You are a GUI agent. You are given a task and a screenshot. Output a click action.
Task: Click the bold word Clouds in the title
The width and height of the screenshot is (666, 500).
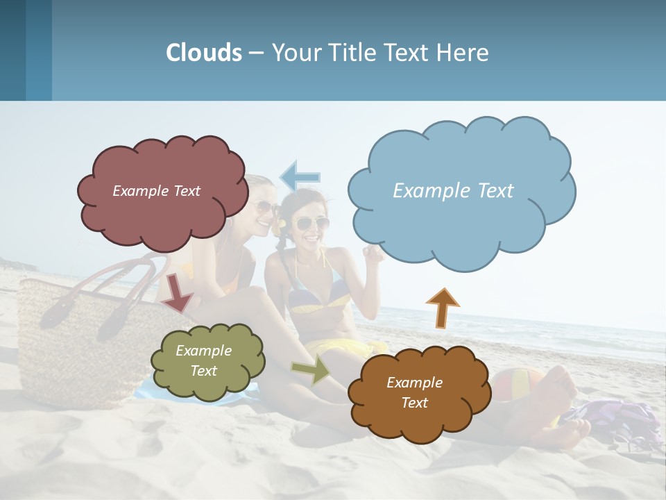tap(204, 53)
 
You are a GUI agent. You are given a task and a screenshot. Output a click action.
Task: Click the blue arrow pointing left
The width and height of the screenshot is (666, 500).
tap(300, 176)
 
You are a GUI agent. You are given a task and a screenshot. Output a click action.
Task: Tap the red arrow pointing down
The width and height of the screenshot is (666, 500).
tap(177, 292)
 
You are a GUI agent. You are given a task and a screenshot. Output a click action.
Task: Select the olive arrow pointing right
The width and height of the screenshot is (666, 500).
tap(311, 369)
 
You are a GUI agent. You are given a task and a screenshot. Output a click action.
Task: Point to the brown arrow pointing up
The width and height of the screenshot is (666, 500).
tap(442, 306)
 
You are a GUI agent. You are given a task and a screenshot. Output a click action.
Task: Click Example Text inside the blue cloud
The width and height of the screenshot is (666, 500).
tap(453, 191)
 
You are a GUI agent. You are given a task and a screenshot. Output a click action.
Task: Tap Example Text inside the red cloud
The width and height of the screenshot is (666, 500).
tap(156, 191)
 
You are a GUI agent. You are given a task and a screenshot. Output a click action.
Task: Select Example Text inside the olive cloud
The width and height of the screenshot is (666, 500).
tap(204, 360)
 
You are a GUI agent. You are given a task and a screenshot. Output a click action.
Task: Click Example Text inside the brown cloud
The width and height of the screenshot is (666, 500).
tap(414, 392)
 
